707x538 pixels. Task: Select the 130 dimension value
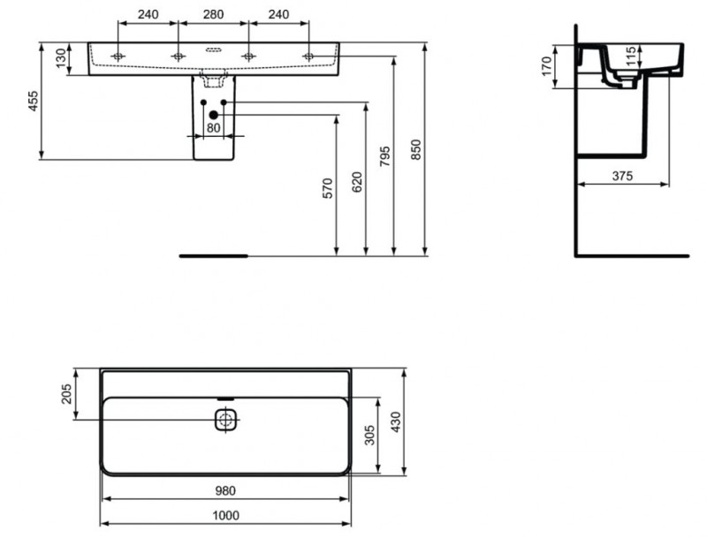coord(60,59)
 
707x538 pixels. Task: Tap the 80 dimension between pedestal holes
coord(213,127)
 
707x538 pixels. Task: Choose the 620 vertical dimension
coord(356,182)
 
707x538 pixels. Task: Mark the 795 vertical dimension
coord(385,156)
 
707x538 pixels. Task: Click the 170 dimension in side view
coord(546,64)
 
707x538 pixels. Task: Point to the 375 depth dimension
coord(623,176)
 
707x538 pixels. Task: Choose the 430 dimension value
coord(396,422)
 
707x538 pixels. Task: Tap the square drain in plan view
coord(226,419)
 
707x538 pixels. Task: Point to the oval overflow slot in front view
coord(212,49)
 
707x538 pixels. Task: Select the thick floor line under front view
coord(215,254)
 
